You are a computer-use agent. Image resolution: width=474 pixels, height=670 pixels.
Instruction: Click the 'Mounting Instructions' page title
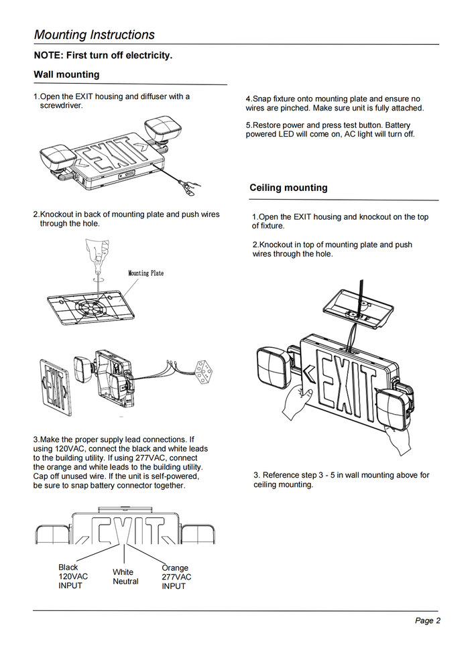point(95,35)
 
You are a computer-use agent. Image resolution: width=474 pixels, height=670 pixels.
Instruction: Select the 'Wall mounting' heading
point(66,74)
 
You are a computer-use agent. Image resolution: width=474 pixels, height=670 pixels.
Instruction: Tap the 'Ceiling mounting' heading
point(288,188)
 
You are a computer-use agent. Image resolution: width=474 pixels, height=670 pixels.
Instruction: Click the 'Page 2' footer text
point(427,620)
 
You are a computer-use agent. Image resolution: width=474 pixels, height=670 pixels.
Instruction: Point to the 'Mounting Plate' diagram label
point(145,273)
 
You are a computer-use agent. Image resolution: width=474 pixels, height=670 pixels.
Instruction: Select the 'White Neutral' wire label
point(125,577)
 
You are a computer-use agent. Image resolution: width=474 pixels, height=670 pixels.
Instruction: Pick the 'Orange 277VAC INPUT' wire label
point(176,577)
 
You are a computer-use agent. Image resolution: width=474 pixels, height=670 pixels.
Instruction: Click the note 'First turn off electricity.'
point(103,55)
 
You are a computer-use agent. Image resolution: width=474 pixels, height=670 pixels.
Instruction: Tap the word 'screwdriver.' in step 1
point(61,106)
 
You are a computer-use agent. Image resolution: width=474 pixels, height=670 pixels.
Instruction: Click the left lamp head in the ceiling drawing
point(272,366)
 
